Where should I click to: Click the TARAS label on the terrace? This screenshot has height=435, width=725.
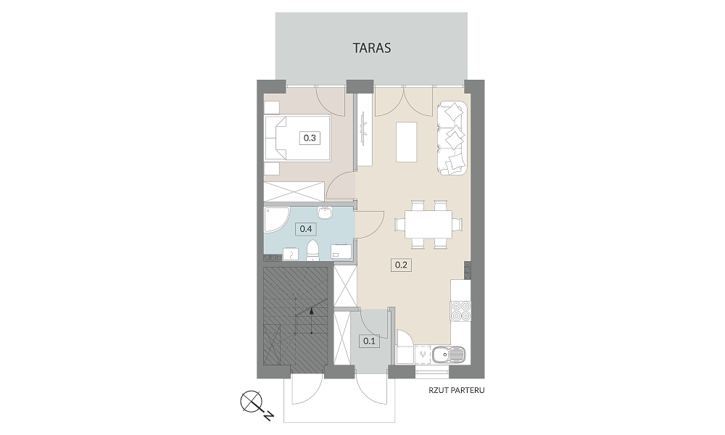tap(372, 48)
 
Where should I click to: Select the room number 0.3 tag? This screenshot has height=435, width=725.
tap(310, 138)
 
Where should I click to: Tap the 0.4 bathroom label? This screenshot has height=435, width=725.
tap(306, 229)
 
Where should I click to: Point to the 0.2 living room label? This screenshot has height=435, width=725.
tap(401, 265)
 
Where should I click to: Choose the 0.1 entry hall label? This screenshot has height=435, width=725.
tap(369, 341)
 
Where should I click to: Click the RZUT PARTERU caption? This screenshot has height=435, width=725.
tap(456, 391)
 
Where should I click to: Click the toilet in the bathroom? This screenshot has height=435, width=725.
tap(313, 251)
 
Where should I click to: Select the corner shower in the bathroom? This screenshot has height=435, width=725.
tap(276, 220)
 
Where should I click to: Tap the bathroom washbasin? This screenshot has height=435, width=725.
tap(326, 212)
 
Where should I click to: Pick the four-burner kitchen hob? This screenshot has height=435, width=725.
tap(460, 310)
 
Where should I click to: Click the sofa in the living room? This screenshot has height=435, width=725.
tap(452, 138)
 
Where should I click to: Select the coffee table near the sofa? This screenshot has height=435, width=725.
tap(407, 141)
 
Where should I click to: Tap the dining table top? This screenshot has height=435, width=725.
tap(428, 225)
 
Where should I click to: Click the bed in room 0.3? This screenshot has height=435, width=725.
tap(297, 138)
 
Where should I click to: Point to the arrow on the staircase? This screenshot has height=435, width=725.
tap(312, 320)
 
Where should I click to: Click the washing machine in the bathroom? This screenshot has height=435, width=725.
tap(341, 252)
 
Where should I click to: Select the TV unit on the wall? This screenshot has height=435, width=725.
tap(365, 130)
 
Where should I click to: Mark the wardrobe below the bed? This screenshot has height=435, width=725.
tap(294, 191)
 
